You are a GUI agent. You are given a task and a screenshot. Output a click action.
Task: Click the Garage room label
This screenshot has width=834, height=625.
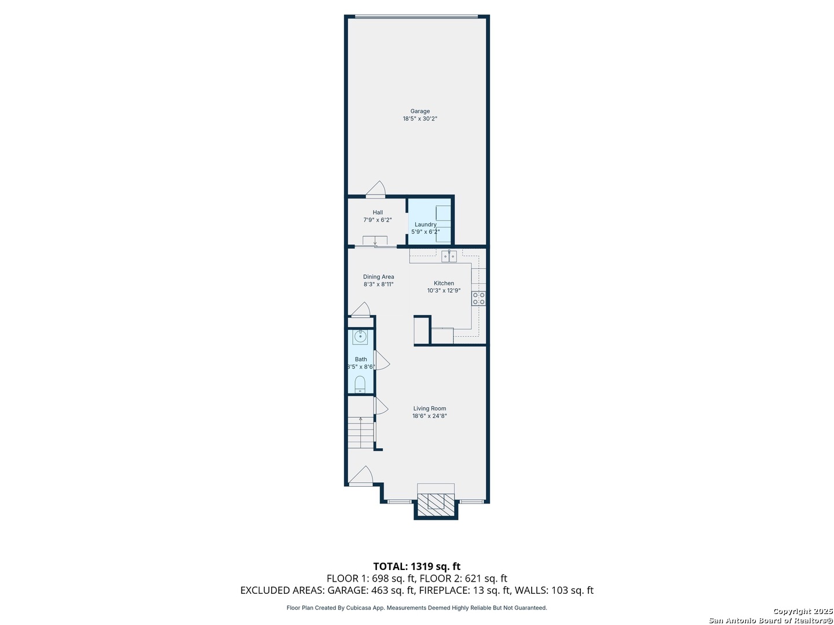tap(419, 111)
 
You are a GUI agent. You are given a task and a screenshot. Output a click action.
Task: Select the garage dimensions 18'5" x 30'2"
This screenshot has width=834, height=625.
tap(419, 119)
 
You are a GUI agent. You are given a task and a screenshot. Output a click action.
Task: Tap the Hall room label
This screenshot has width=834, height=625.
tap(377, 212)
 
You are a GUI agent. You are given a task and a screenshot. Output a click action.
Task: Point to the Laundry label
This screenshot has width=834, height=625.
tap(425, 225)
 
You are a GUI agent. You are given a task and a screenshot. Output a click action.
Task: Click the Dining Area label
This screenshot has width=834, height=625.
tap(378, 277)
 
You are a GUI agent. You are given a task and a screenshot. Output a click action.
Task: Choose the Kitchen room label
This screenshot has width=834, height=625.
tap(444, 284)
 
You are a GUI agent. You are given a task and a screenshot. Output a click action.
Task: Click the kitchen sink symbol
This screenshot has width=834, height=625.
tap(449, 256)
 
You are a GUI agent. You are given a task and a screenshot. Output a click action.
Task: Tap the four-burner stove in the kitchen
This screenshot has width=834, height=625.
tap(478, 298)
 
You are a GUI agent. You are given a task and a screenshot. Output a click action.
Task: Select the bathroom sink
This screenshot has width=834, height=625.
tap(360, 337)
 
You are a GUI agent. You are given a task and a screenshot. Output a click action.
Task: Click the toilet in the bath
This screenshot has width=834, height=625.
tap(360, 385)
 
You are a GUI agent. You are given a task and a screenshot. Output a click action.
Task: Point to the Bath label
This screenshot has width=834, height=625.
tap(361, 359)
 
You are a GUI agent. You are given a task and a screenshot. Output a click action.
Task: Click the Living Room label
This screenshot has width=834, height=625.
tap(429, 409)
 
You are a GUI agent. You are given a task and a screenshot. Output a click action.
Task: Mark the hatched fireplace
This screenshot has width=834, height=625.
tap(436, 505)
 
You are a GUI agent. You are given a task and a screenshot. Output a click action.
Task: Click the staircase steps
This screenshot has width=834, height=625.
tap(361, 433)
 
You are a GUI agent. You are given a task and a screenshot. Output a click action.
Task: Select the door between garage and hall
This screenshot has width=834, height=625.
tap(375, 189)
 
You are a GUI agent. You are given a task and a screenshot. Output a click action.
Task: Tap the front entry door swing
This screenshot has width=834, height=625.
tap(361, 476)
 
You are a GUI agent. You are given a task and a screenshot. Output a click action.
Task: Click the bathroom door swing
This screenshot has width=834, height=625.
tap(382, 360)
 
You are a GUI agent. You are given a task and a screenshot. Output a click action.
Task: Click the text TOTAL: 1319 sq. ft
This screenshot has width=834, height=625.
tap(416, 566)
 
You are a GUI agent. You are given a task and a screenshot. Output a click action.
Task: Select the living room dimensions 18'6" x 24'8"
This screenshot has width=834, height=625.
tap(429, 416)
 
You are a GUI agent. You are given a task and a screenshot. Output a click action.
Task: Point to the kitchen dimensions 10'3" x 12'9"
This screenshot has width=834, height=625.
tap(444, 291)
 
